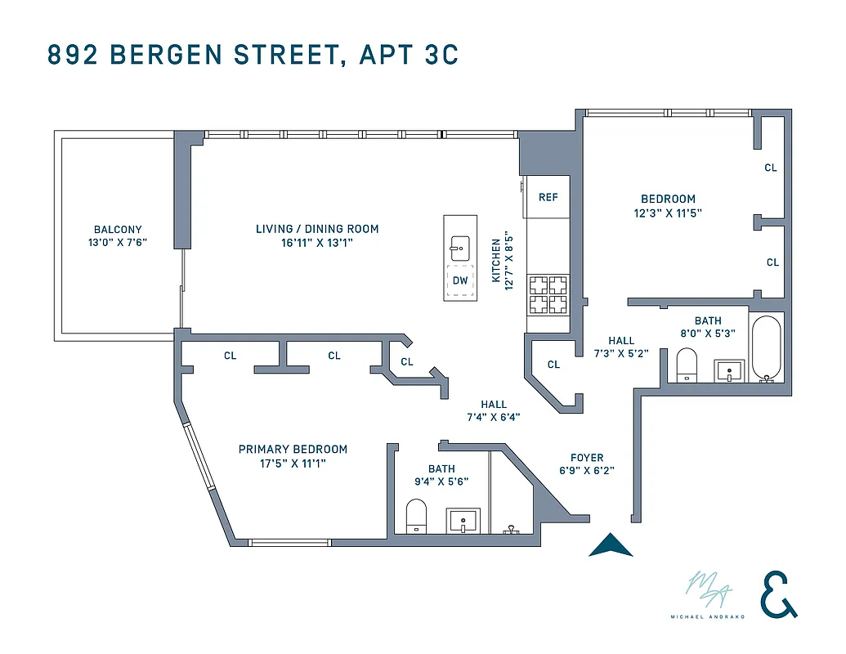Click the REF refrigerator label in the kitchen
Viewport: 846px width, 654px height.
coord(548,198)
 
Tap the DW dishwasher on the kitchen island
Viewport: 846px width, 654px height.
coord(460,280)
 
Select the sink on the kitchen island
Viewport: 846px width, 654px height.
coord(460,244)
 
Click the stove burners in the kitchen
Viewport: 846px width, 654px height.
coord(548,295)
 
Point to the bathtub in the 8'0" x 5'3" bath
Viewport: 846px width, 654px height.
coord(766,348)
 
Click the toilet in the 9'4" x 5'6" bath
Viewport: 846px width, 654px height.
coord(417,515)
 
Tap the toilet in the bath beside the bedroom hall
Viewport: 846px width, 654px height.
coord(687,365)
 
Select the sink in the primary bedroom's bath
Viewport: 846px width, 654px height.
coord(463,519)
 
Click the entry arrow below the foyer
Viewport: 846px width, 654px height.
coord(611,545)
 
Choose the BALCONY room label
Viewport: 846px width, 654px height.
coord(118,231)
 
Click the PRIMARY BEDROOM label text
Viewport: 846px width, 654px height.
coord(293,450)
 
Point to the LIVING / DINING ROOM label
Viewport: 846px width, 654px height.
coord(317,229)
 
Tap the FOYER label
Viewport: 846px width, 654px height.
coord(587,458)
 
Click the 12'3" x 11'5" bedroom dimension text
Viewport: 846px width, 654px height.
coord(668,213)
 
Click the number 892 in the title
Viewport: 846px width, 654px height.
coord(74,55)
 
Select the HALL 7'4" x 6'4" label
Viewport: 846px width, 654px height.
coord(494,410)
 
